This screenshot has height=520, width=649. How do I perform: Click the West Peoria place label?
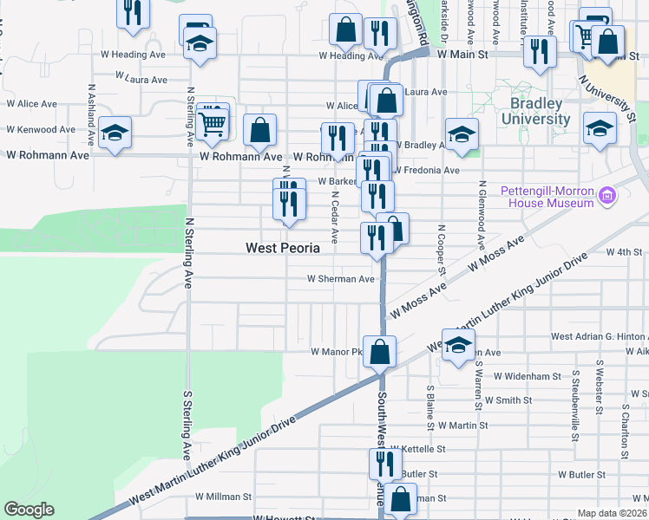tap(283, 248)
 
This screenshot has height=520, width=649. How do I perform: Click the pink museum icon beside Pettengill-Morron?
tap(608, 197)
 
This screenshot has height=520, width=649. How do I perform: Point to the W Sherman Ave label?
tap(341, 279)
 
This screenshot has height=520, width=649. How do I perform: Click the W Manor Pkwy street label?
tap(336, 353)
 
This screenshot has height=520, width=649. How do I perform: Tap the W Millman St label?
tap(223, 497)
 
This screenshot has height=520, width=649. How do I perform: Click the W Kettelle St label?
tap(418, 450)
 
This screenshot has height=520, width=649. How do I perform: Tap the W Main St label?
tap(463, 54)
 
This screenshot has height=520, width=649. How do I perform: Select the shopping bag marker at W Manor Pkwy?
tap(379, 352)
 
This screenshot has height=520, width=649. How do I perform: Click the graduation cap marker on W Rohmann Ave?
tap(115, 133)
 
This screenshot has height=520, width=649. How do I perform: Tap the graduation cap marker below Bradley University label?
tap(600, 128)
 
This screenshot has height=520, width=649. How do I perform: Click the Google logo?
tap(29, 510)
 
